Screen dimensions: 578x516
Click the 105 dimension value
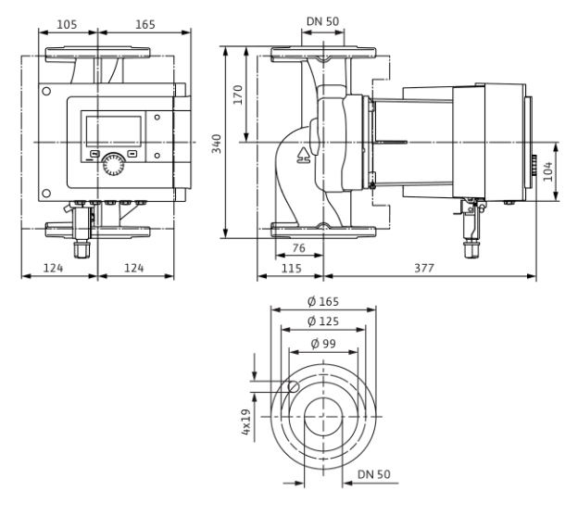pyautogui.click(x=67, y=25)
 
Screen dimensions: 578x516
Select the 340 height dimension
pyautogui.click(x=217, y=144)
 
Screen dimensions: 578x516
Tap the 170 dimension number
pyautogui.click(x=238, y=94)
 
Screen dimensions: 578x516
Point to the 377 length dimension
pyautogui.click(x=424, y=268)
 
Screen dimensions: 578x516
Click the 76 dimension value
pyautogui.click(x=298, y=248)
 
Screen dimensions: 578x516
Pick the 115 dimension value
pyautogui.click(x=291, y=268)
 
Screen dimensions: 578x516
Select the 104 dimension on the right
pyautogui.click(x=548, y=171)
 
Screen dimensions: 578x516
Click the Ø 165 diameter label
pyautogui.click(x=323, y=301)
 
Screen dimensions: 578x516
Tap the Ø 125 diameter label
pyautogui.click(x=323, y=321)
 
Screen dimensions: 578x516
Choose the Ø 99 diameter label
pyautogui.click(x=323, y=344)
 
